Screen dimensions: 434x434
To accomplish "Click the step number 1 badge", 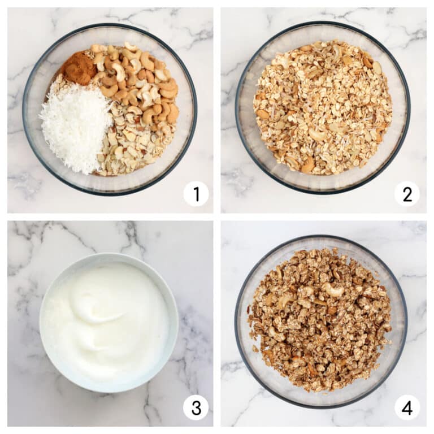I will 196,194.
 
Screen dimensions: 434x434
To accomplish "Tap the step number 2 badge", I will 407,194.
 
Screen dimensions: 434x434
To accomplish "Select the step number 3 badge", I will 196,407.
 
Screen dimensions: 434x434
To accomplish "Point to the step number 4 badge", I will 407,407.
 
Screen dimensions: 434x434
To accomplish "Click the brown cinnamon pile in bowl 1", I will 78,68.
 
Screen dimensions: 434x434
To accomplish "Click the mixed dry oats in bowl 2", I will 322,107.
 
